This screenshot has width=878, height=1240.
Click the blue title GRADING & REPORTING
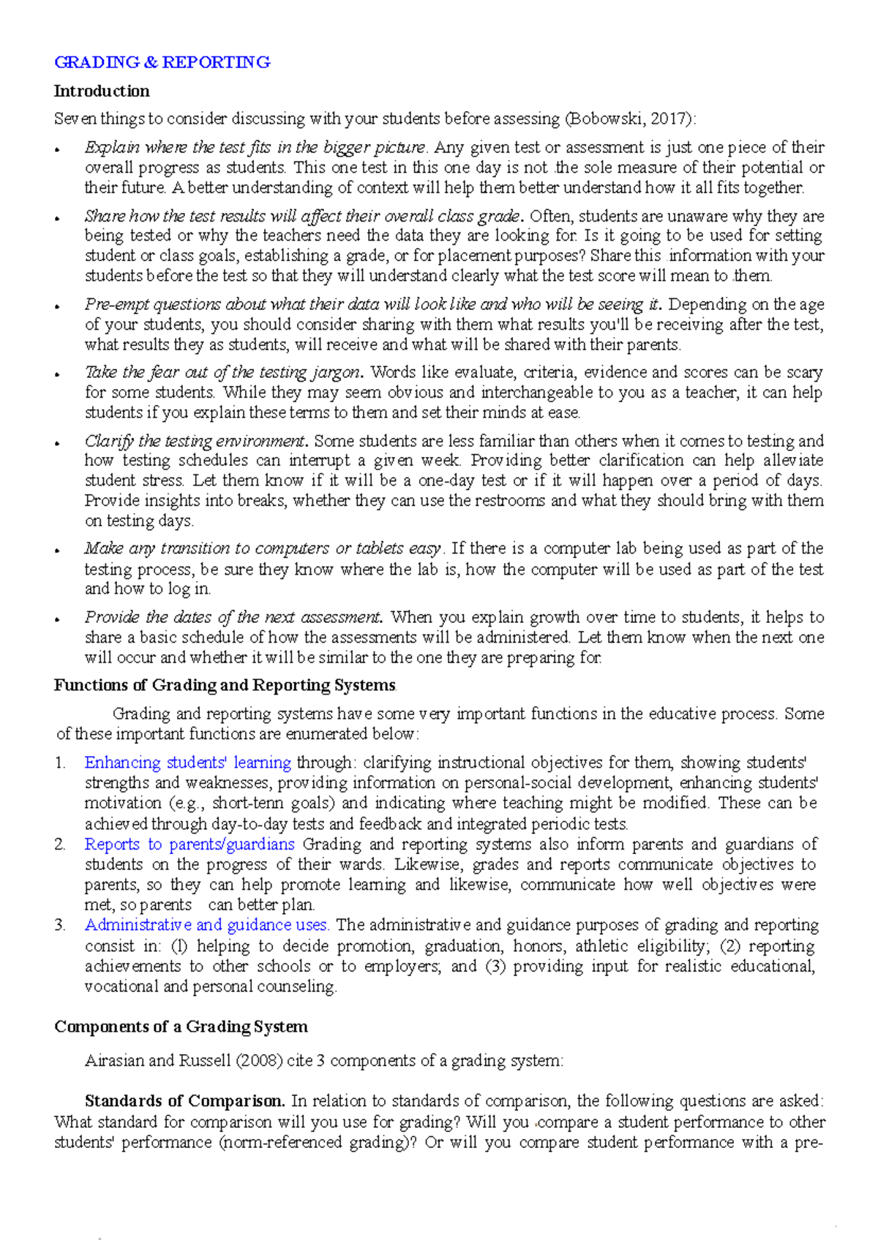pyautogui.click(x=162, y=62)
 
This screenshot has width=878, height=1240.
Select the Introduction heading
pyautogui.click(x=102, y=91)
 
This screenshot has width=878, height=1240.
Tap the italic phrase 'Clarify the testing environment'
pyautogui.click(x=194, y=441)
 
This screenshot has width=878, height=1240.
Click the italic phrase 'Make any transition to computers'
pyautogui.click(x=219, y=548)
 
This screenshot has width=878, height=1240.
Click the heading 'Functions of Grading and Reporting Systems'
pyautogui.click(x=225, y=685)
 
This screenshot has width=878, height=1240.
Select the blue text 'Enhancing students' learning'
pyautogui.click(x=188, y=763)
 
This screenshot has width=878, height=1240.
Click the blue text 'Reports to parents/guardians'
pyautogui.click(x=190, y=844)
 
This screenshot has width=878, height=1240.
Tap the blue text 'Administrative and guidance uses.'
pyautogui.click(x=207, y=925)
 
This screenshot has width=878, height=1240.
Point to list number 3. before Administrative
pyautogui.click(x=61, y=925)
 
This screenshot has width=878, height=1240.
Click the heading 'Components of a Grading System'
pyautogui.click(x=181, y=1027)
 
